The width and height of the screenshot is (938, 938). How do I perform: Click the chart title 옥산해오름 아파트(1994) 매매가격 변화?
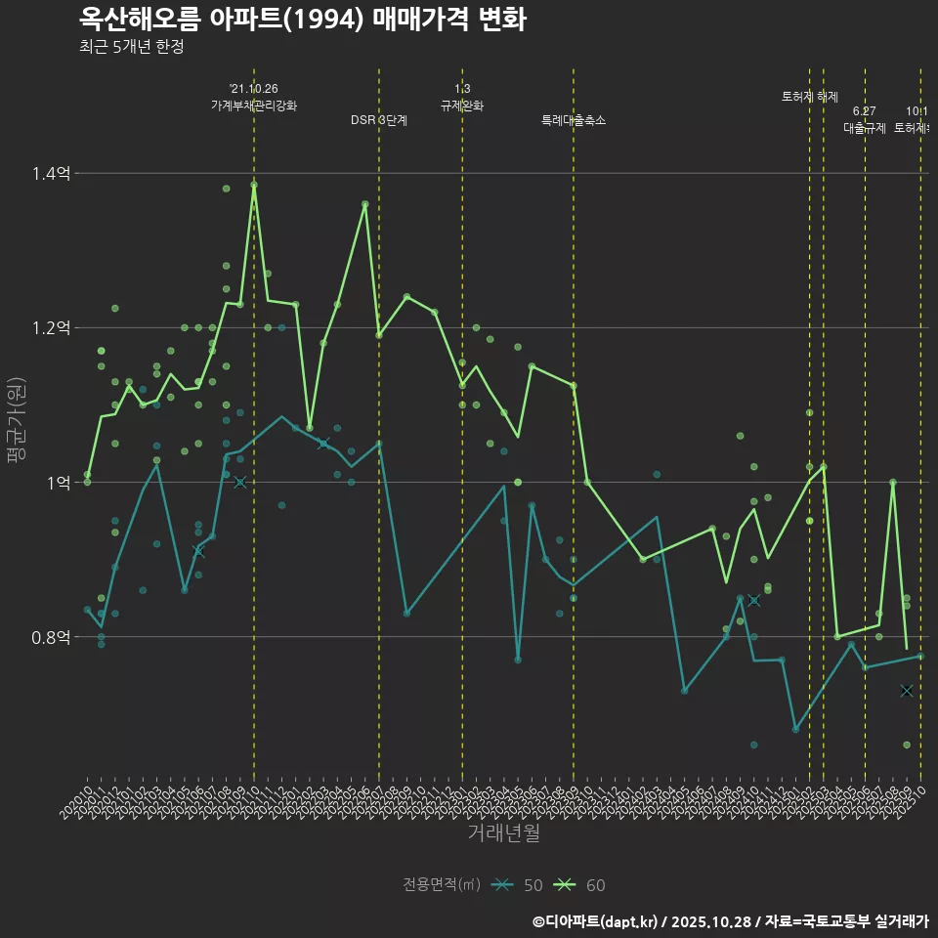pos(302,20)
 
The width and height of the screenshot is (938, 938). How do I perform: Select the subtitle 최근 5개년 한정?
pos(131,47)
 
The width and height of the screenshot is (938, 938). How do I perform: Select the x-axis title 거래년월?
pos(503,833)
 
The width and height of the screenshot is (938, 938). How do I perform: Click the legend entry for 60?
pos(579,885)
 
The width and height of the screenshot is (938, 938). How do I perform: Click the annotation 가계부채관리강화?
pos(254,106)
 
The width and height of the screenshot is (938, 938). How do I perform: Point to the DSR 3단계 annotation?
pos(379,120)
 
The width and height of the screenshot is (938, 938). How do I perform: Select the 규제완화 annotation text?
pos(462,106)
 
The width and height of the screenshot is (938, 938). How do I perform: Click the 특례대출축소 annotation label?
pos(574,120)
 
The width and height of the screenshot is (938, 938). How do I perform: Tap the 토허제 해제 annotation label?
pos(810,97)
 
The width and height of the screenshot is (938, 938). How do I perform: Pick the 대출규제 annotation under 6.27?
pos(865,128)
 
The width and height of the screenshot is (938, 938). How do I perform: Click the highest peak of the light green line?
pos(254,184)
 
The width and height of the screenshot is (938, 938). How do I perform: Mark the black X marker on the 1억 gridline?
pos(240,483)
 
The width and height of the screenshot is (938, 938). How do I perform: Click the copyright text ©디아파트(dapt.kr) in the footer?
pos(596,921)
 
